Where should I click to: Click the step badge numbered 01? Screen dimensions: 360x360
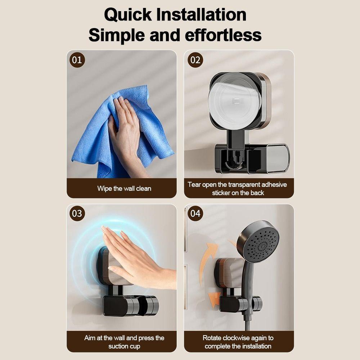click(x=77, y=60)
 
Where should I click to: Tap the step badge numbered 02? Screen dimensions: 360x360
click(x=195, y=60)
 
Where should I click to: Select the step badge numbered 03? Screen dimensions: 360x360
click(x=77, y=213)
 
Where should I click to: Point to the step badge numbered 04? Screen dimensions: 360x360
click(x=195, y=213)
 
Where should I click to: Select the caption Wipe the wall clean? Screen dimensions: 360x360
click(x=124, y=188)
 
